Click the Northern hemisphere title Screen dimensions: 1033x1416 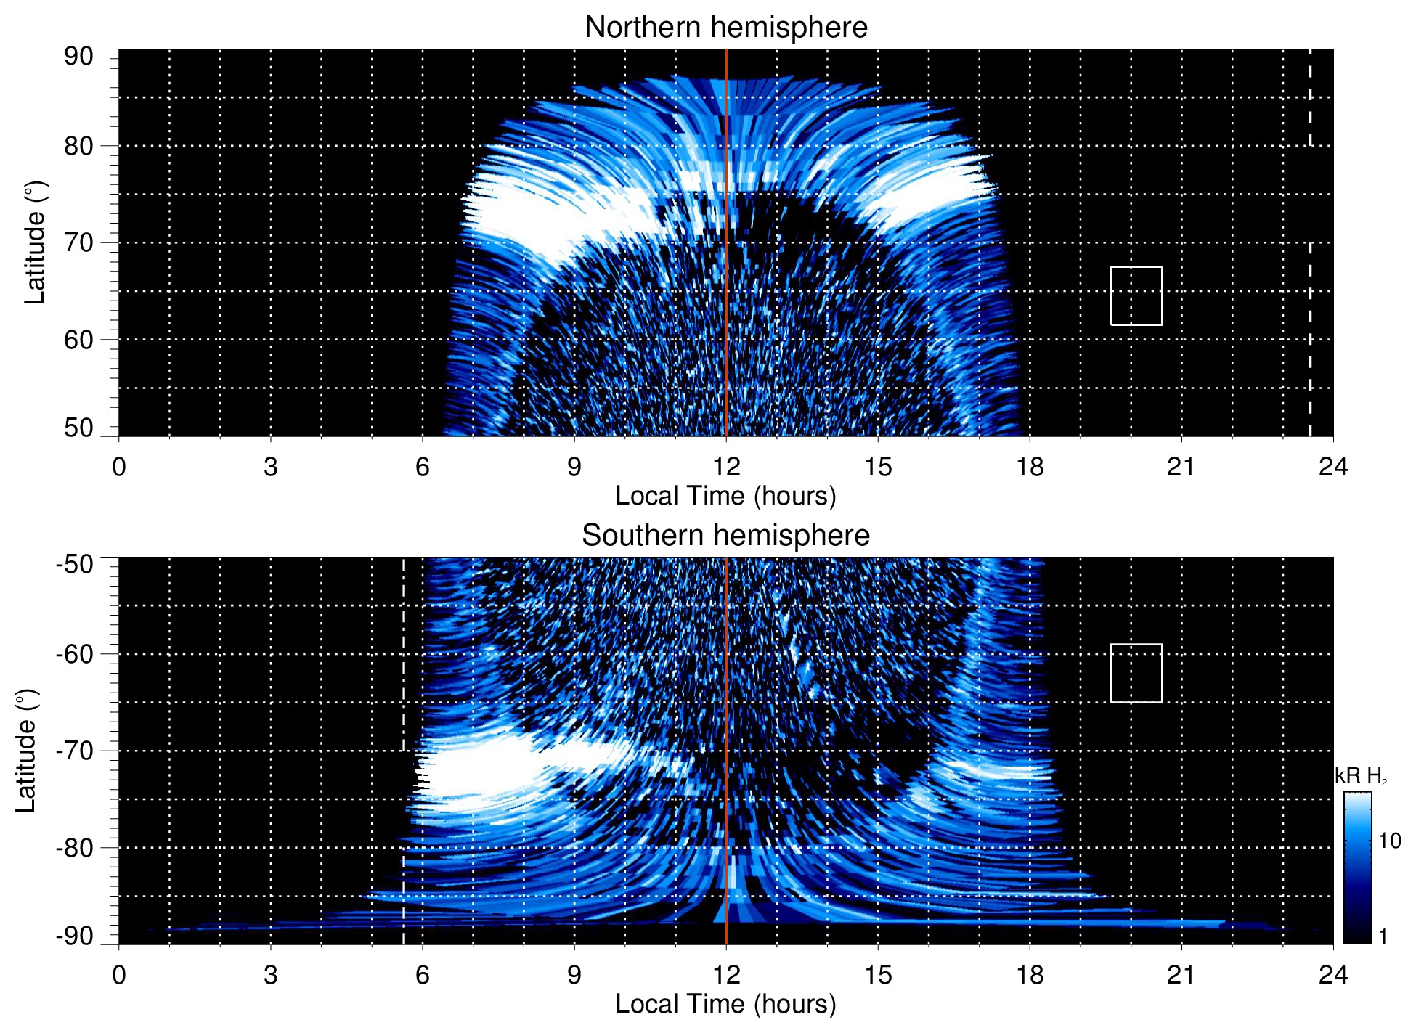pos(725,28)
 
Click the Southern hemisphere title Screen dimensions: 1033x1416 pos(725,536)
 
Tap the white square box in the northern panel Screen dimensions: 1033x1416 pos(1136,295)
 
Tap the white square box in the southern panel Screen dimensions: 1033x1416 pos(1136,673)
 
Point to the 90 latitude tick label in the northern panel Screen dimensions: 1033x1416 pos(78,57)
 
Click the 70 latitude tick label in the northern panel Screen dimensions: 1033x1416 pos(78,242)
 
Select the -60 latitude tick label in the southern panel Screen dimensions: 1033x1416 pos(75,654)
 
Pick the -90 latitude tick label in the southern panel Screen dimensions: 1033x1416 pos(75,936)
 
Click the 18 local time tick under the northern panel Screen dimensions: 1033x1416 pos(1030,467)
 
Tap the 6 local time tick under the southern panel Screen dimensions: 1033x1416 pos(422,975)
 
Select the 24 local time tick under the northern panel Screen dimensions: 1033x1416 pos(1332,467)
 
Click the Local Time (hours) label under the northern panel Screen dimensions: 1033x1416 pos(725,496)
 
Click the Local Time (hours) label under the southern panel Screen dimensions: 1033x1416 pos(725,1004)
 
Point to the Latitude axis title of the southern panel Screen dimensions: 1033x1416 pos(25,751)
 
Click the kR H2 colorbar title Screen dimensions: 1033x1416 pos(1360,776)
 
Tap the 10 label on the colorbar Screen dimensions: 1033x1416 pos(1389,841)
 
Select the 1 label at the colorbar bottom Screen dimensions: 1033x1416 pos(1383,936)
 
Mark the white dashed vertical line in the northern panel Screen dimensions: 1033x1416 pos(1310,327)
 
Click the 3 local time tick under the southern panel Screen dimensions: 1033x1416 pos(270,975)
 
